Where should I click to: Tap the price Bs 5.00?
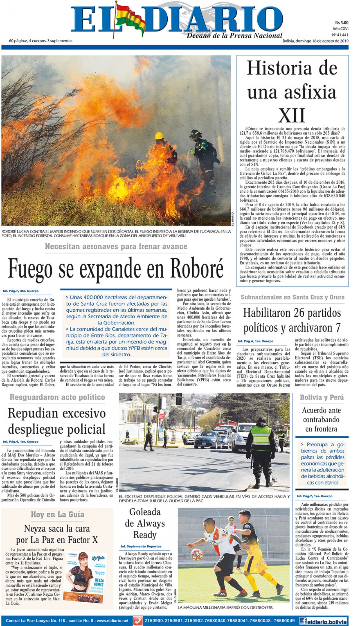(x=341, y=22)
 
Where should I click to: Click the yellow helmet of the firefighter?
(x=160, y=136)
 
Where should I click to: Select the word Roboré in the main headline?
(x=197, y=268)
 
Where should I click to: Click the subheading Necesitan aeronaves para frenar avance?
(x=116, y=247)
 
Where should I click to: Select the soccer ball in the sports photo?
(x=196, y=555)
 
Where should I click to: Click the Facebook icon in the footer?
(x=304, y=621)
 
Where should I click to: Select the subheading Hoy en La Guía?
(x=57, y=515)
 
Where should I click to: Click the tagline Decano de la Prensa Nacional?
(x=234, y=35)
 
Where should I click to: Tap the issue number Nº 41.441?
(x=340, y=34)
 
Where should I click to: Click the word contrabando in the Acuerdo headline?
(x=321, y=420)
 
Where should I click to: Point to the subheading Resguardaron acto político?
(x=57, y=397)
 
